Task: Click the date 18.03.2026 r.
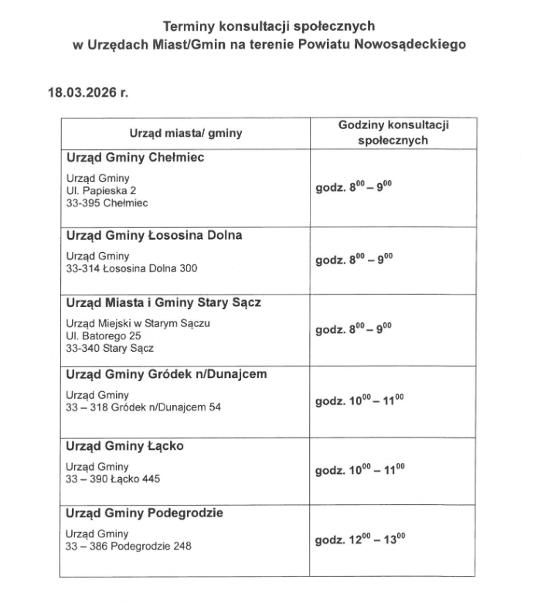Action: point(87,91)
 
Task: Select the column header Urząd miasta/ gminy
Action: point(185,133)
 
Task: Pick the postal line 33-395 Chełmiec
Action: point(107,203)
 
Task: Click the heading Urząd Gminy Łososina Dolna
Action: point(155,234)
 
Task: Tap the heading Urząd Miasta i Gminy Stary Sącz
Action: point(164,302)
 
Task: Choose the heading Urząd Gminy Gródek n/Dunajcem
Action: point(167,374)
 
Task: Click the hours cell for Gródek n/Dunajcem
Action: point(359,402)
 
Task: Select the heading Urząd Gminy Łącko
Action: point(124,446)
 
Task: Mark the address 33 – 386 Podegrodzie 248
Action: point(129,546)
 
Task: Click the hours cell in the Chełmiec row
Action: point(354,188)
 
